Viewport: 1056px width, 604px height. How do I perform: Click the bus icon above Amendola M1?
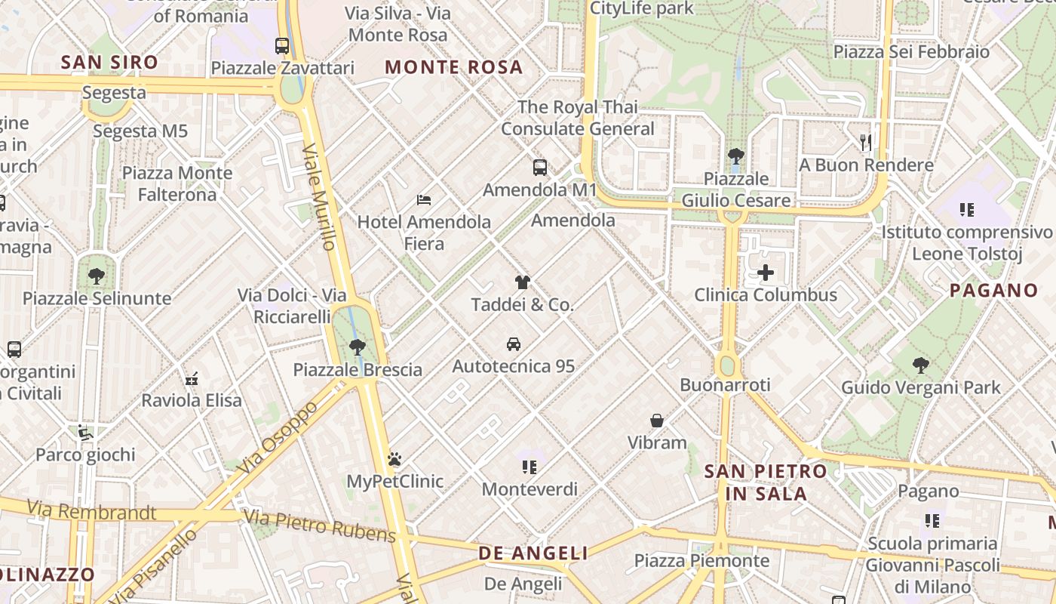pyautogui.click(x=539, y=168)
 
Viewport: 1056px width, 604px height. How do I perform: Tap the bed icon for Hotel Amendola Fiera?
pyautogui.click(x=424, y=200)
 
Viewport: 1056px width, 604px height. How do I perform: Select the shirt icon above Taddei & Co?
pyautogui.click(x=522, y=283)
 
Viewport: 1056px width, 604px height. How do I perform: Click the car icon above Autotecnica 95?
pyautogui.click(x=514, y=344)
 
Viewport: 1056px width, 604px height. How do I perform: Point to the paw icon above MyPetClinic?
pyautogui.click(x=394, y=459)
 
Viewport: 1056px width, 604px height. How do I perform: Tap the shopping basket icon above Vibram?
pyautogui.click(x=657, y=421)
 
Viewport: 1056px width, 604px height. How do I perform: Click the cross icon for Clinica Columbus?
pyautogui.click(x=766, y=273)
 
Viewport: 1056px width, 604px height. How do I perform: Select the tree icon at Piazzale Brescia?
pyautogui.click(x=358, y=347)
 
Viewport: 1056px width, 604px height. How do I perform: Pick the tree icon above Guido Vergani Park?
pyautogui.click(x=920, y=365)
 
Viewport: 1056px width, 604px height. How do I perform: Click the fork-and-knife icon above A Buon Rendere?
pyautogui.click(x=866, y=142)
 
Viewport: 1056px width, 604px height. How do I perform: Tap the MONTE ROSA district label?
pyautogui.click(x=453, y=67)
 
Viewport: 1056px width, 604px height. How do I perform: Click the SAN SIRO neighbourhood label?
pyautogui.click(x=109, y=63)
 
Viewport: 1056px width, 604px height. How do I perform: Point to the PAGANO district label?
pyautogui.click(x=993, y=290)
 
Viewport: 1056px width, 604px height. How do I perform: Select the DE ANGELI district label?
pyautogui.click(x=533, y=553)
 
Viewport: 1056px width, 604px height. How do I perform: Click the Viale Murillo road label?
pyautogui.click(x=319, y=196)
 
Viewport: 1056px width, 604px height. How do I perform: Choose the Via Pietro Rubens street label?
pyautogui.click(x=321, y=526)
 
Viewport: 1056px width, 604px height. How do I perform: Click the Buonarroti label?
pyautogui.click(x=725, y=385)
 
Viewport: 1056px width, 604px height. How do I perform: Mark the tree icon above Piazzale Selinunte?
pyautogui.click(x=97, y=276)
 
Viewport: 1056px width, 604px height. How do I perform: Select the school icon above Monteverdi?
pyautogui.click(x=530, y=467)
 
